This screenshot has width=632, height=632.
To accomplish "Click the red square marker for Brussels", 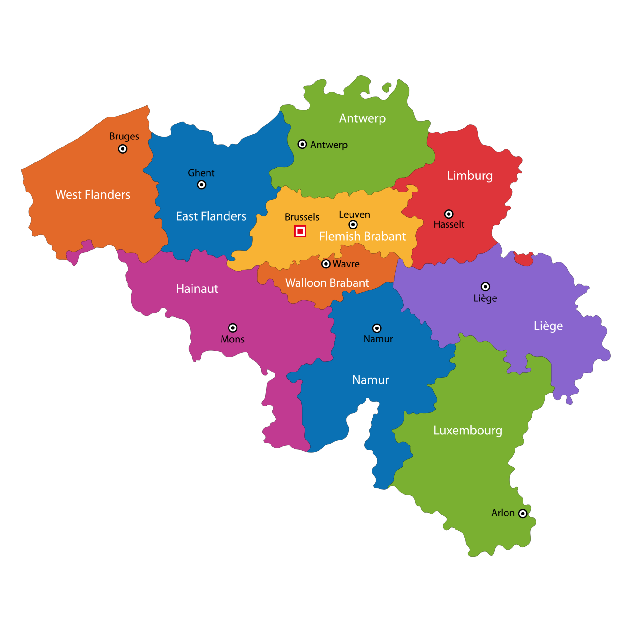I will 300,231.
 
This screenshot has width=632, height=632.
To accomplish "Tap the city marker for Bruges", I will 123,149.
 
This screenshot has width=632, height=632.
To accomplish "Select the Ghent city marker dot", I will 201,185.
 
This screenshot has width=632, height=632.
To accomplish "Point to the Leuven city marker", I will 353,224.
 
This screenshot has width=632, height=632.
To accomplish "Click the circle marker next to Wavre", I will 326,264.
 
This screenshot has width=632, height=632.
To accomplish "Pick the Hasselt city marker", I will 449,214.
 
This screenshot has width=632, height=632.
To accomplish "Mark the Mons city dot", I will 233,328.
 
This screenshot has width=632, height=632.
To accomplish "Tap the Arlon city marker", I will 523,513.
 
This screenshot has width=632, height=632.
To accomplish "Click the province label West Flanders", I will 93,195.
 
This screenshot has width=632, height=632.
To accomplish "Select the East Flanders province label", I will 211,216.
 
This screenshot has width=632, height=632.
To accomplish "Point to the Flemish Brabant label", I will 363,236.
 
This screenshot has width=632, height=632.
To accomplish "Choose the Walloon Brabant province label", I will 327,282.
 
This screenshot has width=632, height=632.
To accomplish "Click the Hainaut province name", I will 197,289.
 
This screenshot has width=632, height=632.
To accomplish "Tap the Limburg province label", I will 470,176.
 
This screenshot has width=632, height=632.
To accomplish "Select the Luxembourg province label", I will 468,431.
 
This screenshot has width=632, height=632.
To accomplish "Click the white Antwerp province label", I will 363,118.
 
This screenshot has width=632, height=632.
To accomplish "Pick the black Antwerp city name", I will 329,145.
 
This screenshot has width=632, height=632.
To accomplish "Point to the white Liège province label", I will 548,326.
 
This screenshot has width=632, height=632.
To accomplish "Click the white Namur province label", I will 371,380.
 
